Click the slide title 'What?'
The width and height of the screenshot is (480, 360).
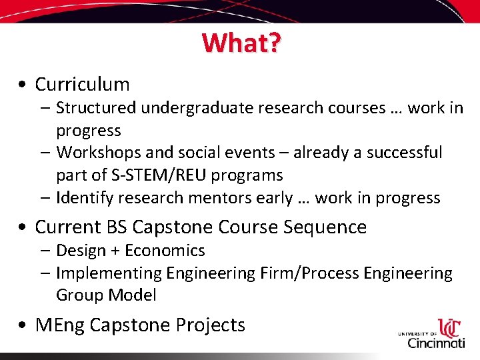[x=241, y=43]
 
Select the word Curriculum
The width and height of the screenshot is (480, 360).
[x=82, y=85]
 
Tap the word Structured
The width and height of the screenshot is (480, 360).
[x=96, y=108]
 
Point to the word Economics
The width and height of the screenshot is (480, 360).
[x=165, y=251]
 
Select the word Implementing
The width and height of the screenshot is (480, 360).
[x=108, y=273]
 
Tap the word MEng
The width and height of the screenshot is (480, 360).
[x=59, y=325]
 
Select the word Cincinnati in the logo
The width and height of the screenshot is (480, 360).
[x=437, y=343]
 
